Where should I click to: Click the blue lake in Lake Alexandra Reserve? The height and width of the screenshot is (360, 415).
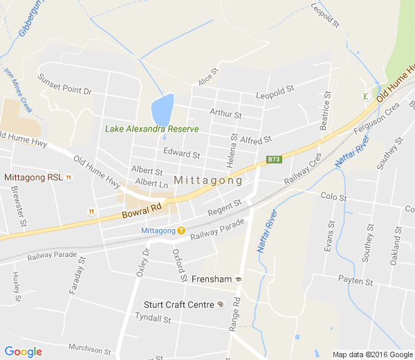pyautogui.click(x=162, y=109)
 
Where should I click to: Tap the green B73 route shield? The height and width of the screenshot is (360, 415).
pyautogui.click(x=275, y=159)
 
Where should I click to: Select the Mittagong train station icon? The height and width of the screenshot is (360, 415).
pyautogui.click(x=181, y=231)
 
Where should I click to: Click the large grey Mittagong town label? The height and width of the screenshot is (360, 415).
pyautogui.click(x=208, y=181)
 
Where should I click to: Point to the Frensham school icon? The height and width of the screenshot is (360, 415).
pyautogui.click(x=239, y=279)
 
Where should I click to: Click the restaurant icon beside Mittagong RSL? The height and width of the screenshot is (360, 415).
pyautogui.click(x=69, y=178)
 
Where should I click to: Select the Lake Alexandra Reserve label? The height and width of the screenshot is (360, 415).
pyautogui.click(x=151, y=129)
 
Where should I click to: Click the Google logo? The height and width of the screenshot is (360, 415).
pyautogui.click(x=23, y=352)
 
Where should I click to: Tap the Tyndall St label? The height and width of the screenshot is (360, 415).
pyautogui.click(x=153, y=319)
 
